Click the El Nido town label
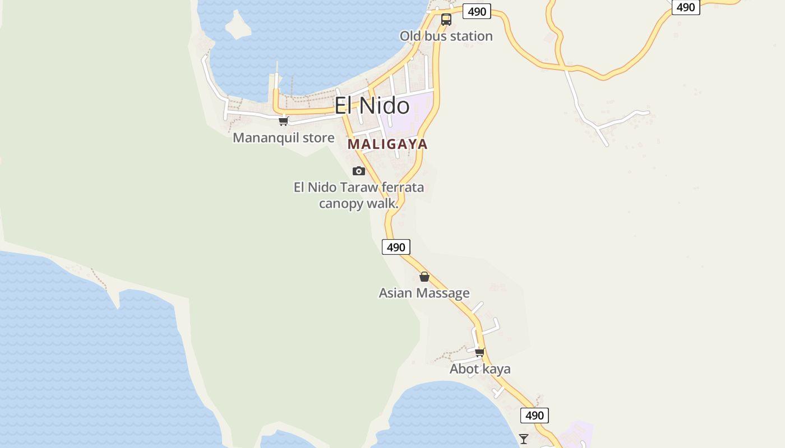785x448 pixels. [x=372, y=106]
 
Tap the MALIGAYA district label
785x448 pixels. [x=387, y=144]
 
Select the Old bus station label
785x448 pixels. [x=446, y=36]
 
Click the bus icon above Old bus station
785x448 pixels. [x=446, y=20]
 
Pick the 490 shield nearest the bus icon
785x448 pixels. [x=477, y=12]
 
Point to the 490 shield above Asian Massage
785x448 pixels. [x=396, y=247]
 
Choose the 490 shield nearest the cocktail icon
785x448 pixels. [x=534, y=416]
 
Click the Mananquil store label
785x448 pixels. [x=283, y=138]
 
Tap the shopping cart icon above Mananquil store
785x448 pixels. [x=283, y=121]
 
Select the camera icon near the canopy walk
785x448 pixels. [x=359, y=171]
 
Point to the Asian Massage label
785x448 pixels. [x=424, y=293]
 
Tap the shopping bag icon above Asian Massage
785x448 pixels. [x=424, y=277]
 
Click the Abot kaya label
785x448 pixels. [x=480, y=369]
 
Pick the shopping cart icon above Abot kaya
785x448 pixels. [x=479, y=352]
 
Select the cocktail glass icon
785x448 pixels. [x=524, y=439]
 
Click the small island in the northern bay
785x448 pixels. [x=237, y=25]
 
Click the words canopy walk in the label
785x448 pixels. [x=358, y=203]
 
